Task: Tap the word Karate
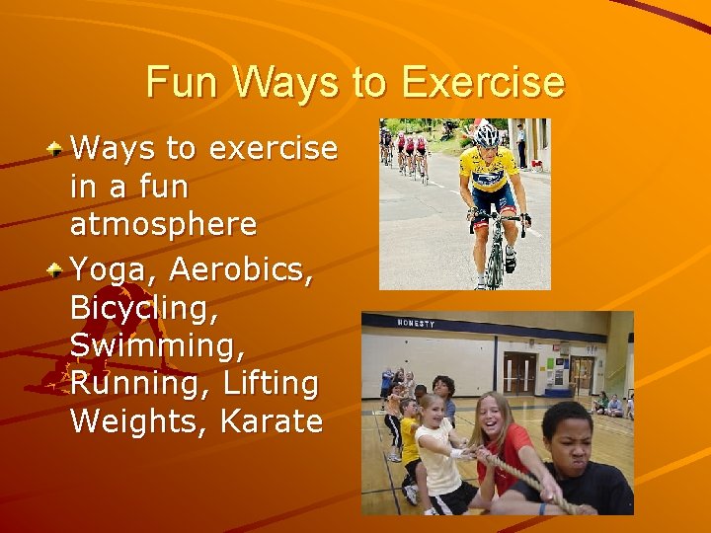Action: (272, 421)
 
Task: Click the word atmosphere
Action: (164, 224)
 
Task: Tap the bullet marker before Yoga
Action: (58, 266)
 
